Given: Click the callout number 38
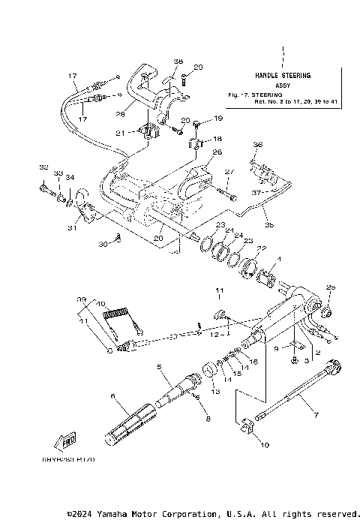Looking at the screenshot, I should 178,62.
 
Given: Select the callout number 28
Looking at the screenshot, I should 119,114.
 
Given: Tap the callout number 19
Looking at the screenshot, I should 219,119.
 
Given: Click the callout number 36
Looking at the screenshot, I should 258,145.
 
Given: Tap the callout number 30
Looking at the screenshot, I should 102,244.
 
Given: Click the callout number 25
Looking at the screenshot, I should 331,287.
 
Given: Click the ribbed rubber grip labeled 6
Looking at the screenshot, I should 131,425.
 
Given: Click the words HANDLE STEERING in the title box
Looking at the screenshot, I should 283,76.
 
